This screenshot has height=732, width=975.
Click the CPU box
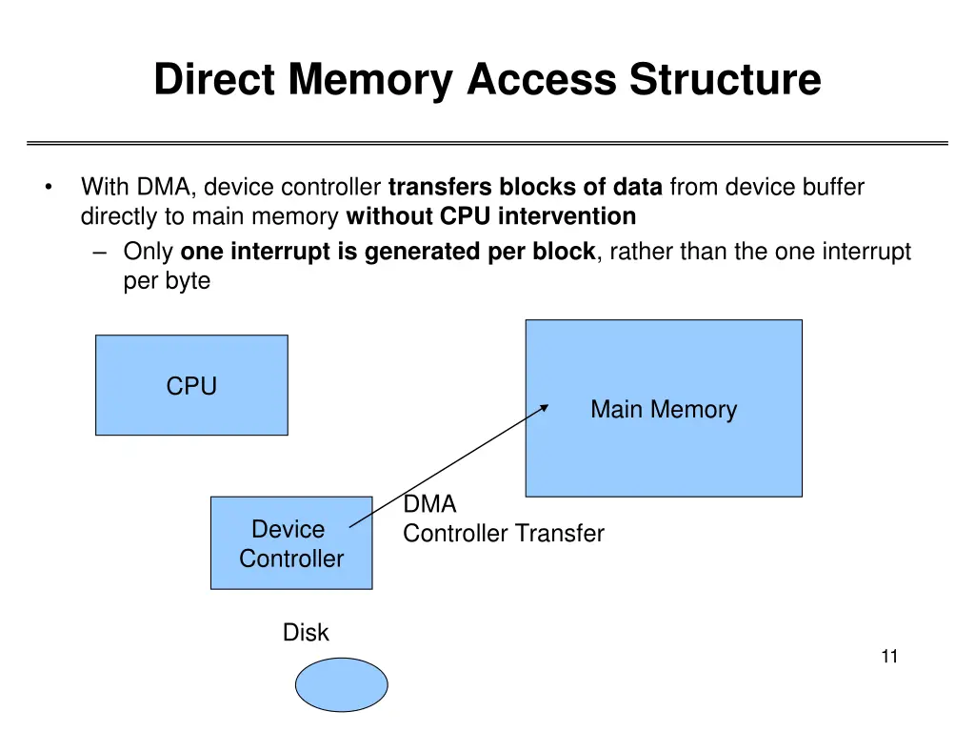[x=191, y=385]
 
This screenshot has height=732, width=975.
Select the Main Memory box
[x=664, y=408]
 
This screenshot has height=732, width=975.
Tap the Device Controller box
[x=291, y=542]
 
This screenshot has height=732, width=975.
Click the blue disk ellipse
[x=342, y=684]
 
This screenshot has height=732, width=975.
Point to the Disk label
[x=306, y=632]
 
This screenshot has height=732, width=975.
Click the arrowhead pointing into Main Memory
[x=545, y=406]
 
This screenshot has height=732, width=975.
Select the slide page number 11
[x=890, y=655]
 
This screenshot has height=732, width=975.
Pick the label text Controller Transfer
[x=504, y=533]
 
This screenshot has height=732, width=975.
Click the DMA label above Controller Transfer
[x=430, y=504]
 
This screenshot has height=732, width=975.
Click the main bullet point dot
[x=48, y=187]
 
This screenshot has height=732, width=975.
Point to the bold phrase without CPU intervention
[x=491, y=216]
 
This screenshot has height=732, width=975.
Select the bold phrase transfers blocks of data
[x=526, y=187]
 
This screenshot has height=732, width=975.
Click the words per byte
[x=167, y=281]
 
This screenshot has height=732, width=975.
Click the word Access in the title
[x=542, y=78]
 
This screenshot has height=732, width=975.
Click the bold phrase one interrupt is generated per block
[x=388, y=253]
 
